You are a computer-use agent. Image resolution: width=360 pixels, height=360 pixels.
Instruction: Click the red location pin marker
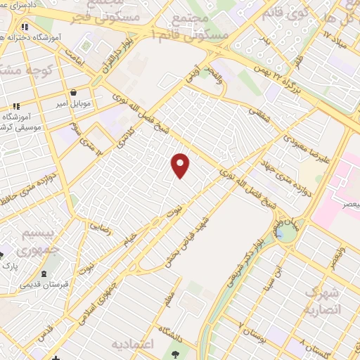pos(181,165)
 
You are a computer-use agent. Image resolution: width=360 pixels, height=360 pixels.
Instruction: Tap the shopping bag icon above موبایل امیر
pos(74,93)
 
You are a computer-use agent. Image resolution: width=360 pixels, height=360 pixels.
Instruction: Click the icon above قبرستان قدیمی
pos(44,274)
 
